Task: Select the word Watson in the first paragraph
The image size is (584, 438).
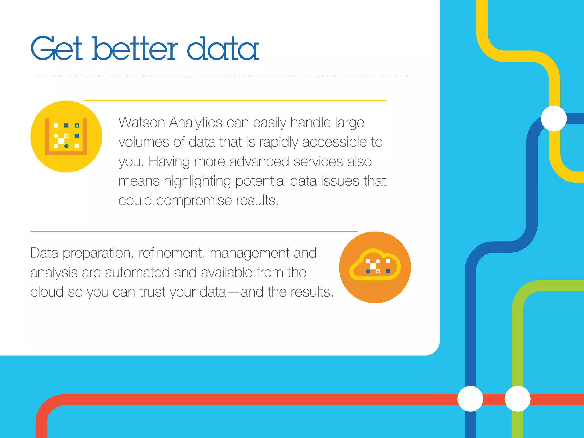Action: [x=142, y=123]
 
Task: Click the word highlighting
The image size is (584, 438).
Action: [x=197, y=181]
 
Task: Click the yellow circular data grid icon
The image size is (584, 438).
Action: [x=66, y=136]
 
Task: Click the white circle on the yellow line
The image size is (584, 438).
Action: [x=553, y=119]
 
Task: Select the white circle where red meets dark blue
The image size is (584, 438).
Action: [x=470, y=399]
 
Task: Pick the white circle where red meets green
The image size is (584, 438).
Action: [x=518, y=399]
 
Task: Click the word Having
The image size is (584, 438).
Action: [x=169, y=162]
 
